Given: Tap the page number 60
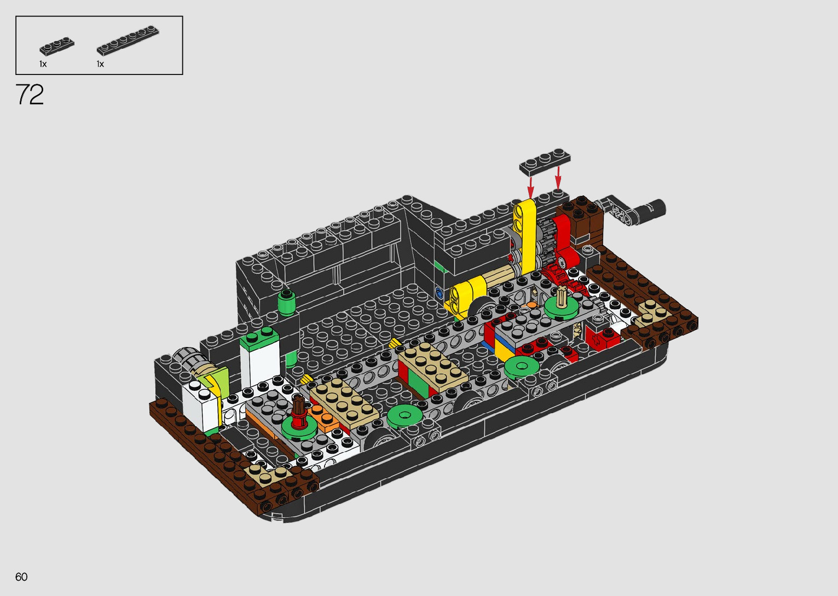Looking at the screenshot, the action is [21, 577].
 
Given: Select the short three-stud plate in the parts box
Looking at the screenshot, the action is [57, 47].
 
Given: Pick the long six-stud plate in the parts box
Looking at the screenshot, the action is [128, 40].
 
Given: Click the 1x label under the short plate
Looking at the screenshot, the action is [43, 64].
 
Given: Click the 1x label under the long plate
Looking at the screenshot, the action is [100, 64].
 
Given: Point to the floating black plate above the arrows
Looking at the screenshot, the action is [545, 162].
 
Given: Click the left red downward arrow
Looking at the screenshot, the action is [530, 187].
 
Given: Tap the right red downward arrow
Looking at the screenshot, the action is [558, 178].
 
